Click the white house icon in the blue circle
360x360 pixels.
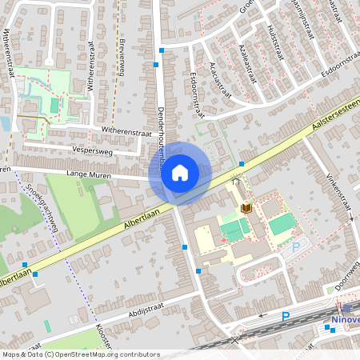180,172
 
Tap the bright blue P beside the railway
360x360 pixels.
286,317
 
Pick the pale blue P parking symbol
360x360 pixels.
295,248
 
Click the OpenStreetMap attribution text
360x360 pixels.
80,354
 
